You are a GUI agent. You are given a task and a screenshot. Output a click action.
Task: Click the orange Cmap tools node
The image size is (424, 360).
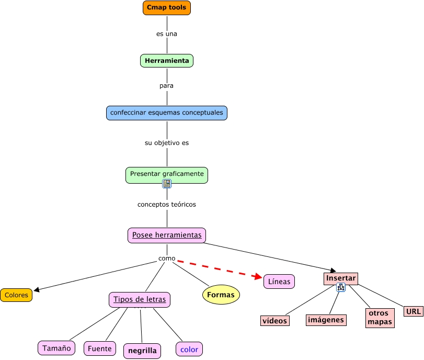tap(167, 8)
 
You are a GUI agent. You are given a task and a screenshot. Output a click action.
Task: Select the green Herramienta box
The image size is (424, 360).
tap(167, 61)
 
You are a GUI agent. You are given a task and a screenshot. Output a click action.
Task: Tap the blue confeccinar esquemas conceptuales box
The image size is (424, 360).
tap(167, 113)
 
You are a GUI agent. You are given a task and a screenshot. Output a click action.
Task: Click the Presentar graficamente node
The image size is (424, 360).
tap(167, 173)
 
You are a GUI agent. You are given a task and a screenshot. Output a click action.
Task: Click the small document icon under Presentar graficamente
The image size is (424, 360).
tap(167, 184)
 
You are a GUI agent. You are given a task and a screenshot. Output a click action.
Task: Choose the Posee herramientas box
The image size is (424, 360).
tap(167, 235)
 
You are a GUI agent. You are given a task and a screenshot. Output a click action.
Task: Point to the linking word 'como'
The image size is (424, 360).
tap(167, 258)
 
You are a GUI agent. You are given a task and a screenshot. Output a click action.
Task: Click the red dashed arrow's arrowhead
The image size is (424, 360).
tap(257, 277)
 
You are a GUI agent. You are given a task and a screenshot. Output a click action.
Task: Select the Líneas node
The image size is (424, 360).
tap(279, 282)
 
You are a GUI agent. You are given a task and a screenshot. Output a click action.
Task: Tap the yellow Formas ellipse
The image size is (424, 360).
tap(221, 295)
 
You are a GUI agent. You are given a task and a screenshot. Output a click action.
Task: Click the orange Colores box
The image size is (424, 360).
tap(16, 295)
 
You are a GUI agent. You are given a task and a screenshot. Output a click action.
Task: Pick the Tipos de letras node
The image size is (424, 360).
tap(140, 299)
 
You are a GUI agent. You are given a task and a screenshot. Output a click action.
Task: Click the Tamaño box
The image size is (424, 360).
tap(56, 348)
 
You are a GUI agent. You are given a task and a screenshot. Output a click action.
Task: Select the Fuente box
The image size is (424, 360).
tap(100, 348)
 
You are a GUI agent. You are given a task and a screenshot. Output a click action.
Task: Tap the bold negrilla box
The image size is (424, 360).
tap(142, 351)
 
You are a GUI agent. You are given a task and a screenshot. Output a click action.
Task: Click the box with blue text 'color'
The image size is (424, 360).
tap(189, 349)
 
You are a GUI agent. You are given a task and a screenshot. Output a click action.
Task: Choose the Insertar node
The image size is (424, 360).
tap(341, 278)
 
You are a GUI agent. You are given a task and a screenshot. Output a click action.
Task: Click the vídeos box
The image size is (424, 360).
tap(275, 321)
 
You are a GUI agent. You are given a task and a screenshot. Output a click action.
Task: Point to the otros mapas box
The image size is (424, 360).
tap(380, 318)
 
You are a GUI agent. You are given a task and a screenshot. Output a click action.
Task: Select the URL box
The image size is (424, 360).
tap(413, 311)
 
